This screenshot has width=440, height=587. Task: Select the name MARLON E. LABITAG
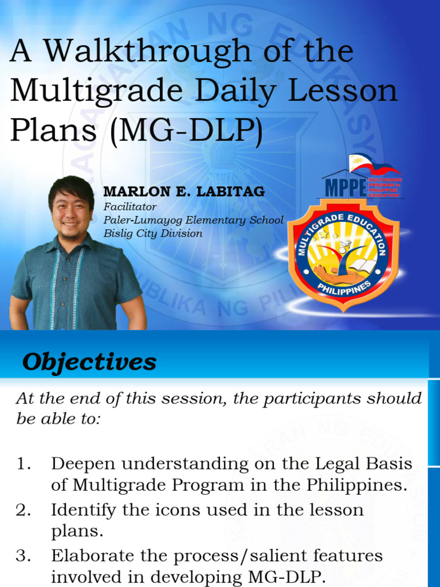pos(184,192)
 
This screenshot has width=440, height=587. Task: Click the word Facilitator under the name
pos(129,207)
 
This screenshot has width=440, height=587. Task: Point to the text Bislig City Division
pos(153,233)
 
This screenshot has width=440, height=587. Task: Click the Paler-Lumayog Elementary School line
pos(193,220)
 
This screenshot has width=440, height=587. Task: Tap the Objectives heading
pos(89,362)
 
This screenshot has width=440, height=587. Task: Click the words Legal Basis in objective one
pos(360,464)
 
